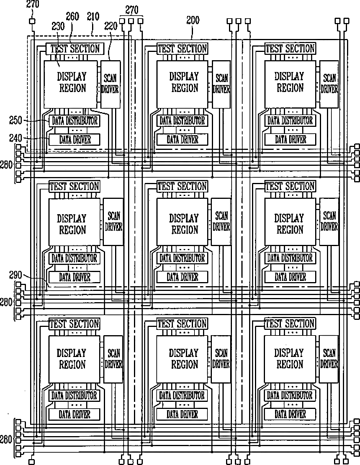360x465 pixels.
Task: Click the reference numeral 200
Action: [x=193, y=20]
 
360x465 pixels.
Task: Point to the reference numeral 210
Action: [x=93, y=17]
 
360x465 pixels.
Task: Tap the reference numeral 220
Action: [x=110, y=27]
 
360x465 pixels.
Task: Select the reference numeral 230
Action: [x=58, y=27]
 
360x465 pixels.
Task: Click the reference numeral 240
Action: [x=16, y=138]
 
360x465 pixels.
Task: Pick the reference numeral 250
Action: [x=16, y=120]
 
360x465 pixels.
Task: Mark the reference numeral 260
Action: [x=73, y=17]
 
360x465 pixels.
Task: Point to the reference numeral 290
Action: [x=15, y=275]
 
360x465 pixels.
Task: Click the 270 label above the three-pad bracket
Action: [x=132, y=10]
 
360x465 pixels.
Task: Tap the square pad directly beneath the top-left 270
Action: [x=32, y=21]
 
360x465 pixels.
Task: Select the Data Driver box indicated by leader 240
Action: [x=74, y=139]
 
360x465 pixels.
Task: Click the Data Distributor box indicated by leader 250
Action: [x=74, y=121]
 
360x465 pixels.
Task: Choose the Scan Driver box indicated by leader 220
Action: [x=110, y=84]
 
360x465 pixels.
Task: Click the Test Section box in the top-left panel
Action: [x=75, y=48]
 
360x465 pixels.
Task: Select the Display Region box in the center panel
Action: [x=183, y=222]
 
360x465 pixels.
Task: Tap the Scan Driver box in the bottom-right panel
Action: [x=329, y=359]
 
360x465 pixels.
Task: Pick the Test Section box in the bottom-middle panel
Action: [x=182, y=323]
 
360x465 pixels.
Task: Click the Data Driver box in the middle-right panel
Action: [x=290, y=277]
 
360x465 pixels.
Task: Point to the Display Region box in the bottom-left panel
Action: [x=74, y=359]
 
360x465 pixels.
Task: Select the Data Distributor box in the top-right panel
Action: [x=290, y=121]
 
